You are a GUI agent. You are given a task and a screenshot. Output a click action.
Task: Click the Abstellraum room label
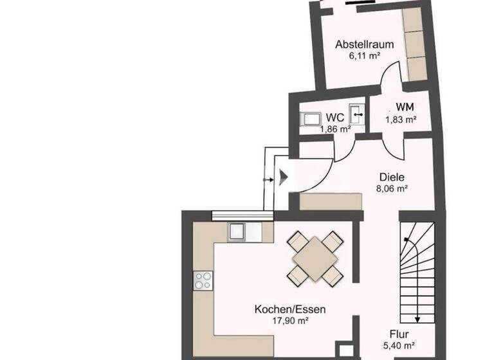(358, 45)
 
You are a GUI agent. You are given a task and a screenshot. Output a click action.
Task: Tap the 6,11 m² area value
(358, 56)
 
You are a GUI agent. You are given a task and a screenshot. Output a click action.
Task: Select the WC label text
(334, 118)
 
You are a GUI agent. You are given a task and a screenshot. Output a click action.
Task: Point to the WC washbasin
(358, 114)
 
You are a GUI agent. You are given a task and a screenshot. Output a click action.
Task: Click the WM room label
(405, 107)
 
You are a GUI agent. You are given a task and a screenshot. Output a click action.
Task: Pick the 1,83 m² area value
(401, 119)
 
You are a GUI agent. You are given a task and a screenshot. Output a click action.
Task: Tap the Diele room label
(391, 177)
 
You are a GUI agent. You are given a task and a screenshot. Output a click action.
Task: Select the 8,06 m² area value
(392, 189)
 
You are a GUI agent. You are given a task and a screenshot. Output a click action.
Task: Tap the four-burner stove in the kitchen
(204, 280)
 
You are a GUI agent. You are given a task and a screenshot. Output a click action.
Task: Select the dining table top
(313, 259)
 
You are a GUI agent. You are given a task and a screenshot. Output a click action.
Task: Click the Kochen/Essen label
(289, 309)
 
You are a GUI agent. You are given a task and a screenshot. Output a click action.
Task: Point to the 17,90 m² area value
(289, 321)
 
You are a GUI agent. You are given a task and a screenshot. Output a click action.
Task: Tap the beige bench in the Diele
(333, 201)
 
